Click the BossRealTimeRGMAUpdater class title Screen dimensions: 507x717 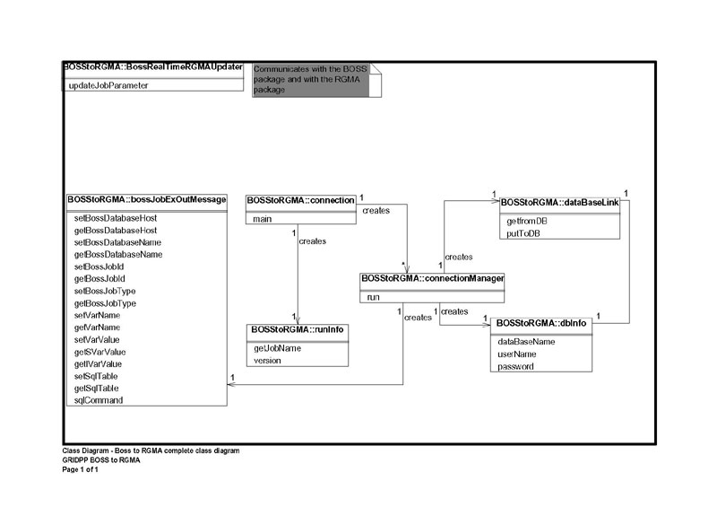pos(152,67)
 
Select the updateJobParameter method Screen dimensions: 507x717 pos(108,85)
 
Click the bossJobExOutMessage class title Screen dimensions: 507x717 pos(146,199)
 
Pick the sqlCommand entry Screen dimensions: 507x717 pos(98,400)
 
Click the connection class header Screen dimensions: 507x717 pos(300,200)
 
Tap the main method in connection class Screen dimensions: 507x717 pos(262,219)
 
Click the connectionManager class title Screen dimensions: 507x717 pos(432,279)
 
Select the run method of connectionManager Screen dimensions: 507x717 pos(374,297)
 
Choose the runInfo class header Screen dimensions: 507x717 pos(296,330)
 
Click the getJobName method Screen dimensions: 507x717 pos(277,348)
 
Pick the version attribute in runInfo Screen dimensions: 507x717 pos(268,361)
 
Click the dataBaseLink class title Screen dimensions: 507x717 pos(559,202)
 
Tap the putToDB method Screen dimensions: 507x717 pos(523,233)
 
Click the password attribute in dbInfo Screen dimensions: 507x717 pos(515,366)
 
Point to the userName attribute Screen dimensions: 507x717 pos(517,354)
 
